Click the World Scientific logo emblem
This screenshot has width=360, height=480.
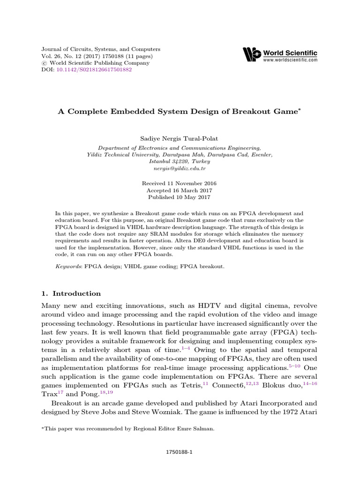click(x=251, y=54)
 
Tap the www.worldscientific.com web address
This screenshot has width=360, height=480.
click(x=290, y=60)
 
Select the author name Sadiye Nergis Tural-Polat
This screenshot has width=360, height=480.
click(x=180, y=139)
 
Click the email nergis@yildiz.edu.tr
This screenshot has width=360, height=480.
click(x=180, y=168)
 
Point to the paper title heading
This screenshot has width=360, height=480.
click(x=180, y=112)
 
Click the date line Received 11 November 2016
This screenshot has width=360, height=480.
click(x=180, y=183)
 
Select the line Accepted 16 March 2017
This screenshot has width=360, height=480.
click(x=180, y=191)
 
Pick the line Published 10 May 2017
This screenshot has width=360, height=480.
click(x=180, y=198)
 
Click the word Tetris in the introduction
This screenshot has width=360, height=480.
click(x=191, y=386)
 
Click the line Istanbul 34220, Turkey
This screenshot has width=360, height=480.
click(x=180, y=161)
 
